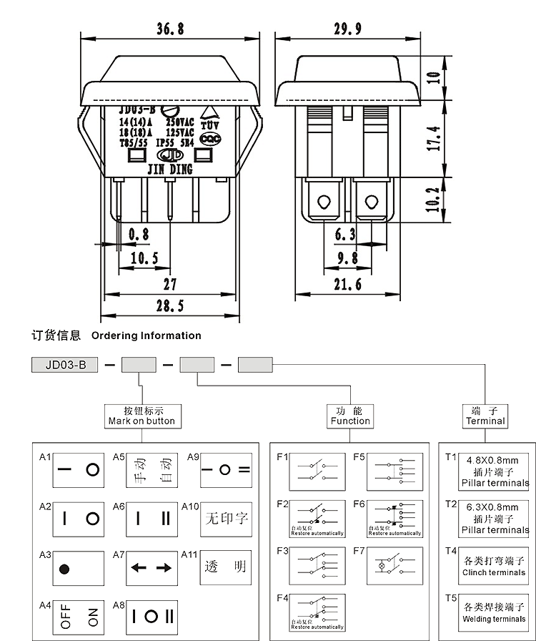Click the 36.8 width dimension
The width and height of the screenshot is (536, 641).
[x=170, y=29]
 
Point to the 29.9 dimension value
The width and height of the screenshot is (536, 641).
[x=347, y=29]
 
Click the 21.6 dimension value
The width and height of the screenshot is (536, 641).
[x=347, y=284]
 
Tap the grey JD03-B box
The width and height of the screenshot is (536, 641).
[x=65, y=364]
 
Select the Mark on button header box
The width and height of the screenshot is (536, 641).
[x=140, y=416]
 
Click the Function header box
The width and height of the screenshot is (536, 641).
[x=350, y=416]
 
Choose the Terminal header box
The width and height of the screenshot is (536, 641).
[x=485, y=416]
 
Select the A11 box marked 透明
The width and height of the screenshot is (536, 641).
[x=226, y=567]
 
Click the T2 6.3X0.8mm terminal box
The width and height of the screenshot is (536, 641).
[x=485, y=518]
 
